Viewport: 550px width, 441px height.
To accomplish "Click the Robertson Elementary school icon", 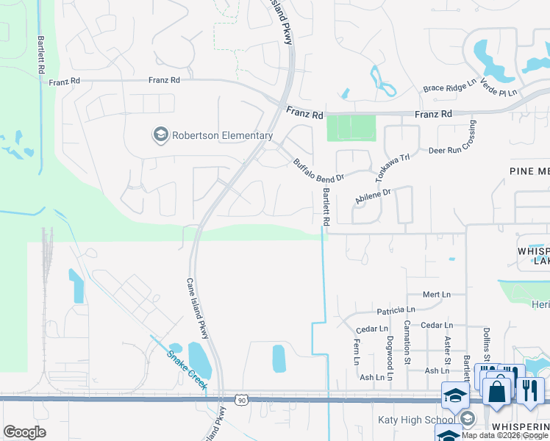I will coord(160,135).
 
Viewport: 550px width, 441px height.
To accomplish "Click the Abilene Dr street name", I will coord(373,196).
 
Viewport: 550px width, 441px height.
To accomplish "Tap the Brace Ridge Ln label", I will coord(450,88).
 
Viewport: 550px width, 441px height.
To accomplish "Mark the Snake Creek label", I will coord(187,369).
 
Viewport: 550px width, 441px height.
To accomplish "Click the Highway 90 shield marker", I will coord(241,400).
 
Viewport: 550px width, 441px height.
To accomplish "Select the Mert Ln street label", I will coord(437,294).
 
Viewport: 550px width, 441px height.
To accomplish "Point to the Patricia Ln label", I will coord(396,311).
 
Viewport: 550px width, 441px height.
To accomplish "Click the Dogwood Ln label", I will coord(390,351).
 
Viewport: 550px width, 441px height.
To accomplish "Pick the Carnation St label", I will coord(407,342).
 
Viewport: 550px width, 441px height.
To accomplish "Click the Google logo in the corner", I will coord(24,432).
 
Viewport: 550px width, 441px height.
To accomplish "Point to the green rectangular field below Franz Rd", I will coord(351,128).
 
